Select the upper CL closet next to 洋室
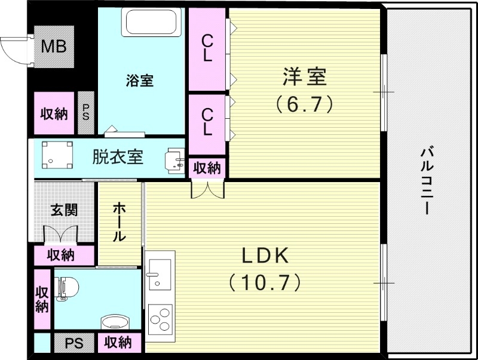coord(207,48)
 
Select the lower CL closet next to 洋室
coord(207,120)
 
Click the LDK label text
coord(265,256)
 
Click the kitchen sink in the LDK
coord(160,272)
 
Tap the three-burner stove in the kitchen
coord(160,316)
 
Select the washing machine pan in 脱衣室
coord(57,155)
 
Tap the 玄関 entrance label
coord(64,210)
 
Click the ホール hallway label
coord(119,221)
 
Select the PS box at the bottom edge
coord(74,343)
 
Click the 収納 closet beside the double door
coord(207,168)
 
